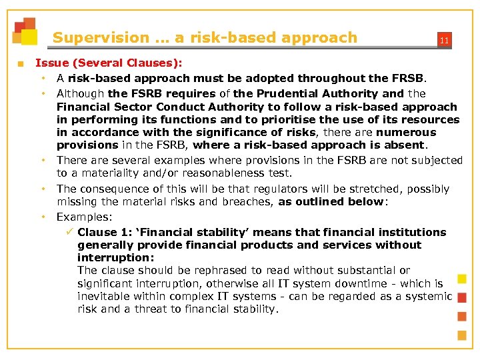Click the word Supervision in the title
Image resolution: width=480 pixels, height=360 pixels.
pyautogui.click(x=101, y=38)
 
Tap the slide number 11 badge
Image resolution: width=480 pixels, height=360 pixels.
pyautogui.click(x=443, y=41)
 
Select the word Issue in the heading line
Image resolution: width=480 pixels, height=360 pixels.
pyautogui.click(x=51, y=63)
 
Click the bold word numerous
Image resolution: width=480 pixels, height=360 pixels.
pyautogui.click(x=427, y=133)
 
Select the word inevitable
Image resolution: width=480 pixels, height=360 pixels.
pyautogui.click(x=104, y=297)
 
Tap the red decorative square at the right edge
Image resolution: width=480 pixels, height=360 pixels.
pyautogui.click(x=461, y=297)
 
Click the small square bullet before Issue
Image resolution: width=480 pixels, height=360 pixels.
pyautogui.click(x=20, y=64)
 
